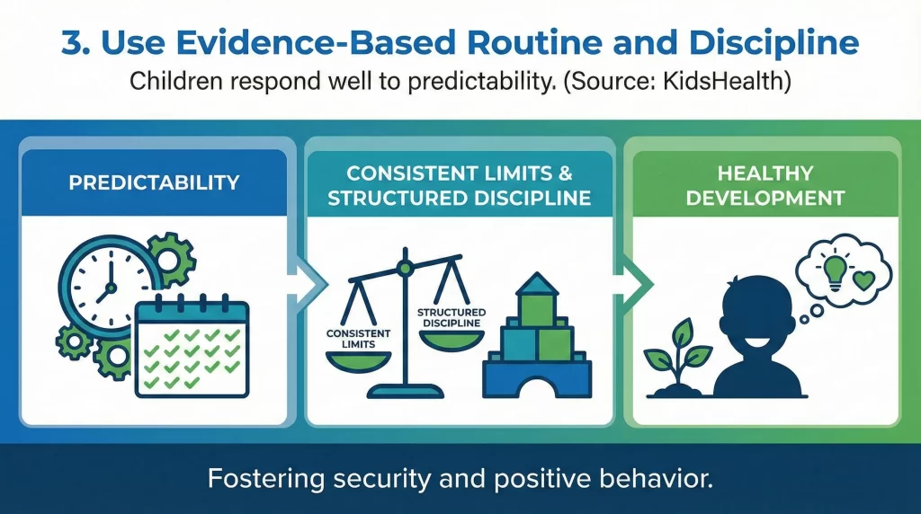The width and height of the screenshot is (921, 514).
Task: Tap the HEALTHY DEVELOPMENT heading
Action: click(765, 184)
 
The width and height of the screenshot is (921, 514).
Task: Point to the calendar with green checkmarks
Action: click(191, 349)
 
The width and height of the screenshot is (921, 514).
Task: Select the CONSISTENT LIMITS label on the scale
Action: click(358, 338)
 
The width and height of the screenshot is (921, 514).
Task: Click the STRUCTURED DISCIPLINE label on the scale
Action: click(450, 317)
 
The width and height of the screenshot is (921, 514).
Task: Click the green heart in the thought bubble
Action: click(863, 278)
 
